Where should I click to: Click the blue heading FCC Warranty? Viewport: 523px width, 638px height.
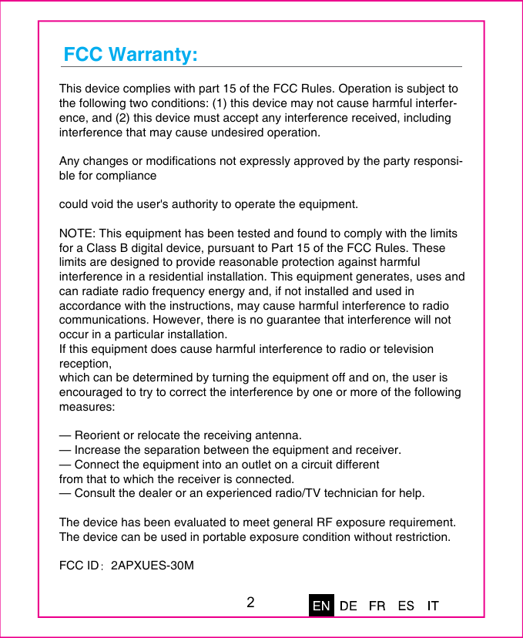point(130,55)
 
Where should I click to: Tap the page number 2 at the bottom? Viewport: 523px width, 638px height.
point(251,602)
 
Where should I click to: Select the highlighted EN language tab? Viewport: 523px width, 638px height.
point(321,606)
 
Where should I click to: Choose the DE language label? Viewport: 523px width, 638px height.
point(348,606)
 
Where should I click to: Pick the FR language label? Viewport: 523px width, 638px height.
point(377,606)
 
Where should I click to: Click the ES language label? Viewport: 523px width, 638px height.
point(406,606)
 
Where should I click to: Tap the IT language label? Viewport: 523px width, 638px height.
point(433,606)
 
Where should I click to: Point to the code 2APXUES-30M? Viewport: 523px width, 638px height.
point(153,566)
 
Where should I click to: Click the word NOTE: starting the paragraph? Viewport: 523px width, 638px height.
point(78,233)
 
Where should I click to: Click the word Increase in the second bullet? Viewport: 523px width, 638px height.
point(98,450)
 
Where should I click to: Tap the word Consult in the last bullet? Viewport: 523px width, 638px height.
point(96,493)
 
